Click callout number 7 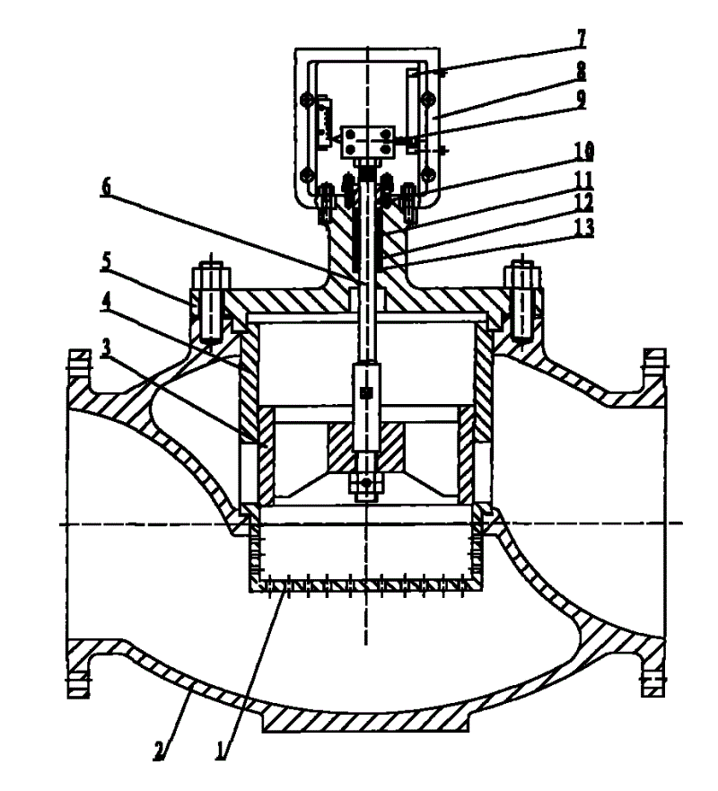582,39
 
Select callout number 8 582,71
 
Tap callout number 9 582,99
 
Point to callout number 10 585,151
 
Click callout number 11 585,180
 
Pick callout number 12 585,203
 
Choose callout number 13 585,227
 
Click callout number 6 105,186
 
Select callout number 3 105,349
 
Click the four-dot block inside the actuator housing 369,141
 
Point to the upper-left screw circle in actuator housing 305,100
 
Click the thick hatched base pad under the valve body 366,720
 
